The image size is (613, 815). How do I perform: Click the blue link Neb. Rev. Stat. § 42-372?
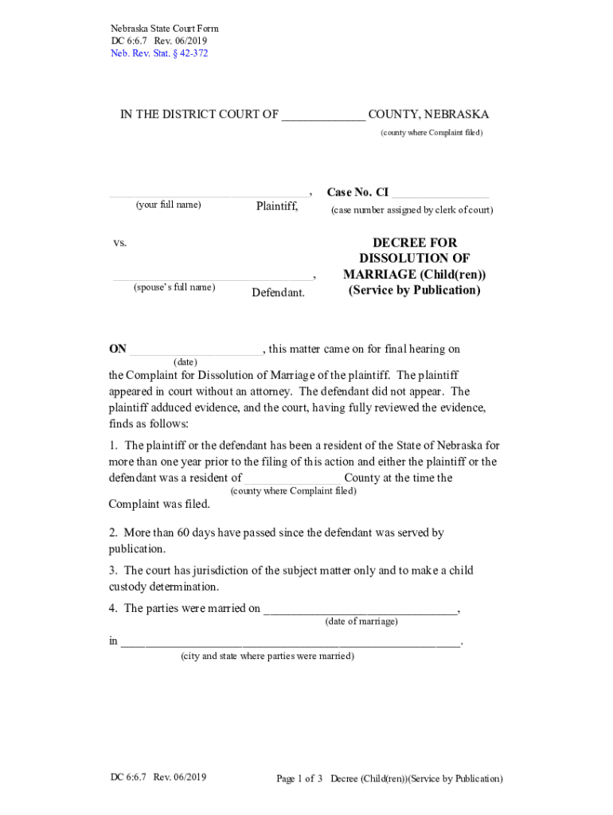click(x=159, y=53)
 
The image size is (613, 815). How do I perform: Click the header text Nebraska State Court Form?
click(x=164, y=29)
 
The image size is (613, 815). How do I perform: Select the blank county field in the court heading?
click(x=323, y=115)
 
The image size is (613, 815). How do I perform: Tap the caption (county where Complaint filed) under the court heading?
click(x=431, y=132)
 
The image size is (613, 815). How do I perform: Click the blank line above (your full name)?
click(x=209, y=194)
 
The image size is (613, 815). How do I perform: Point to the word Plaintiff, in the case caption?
click(x=276, y=207)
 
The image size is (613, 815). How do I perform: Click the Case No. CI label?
click(x=357, y=193)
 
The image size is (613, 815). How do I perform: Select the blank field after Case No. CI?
click(x=440, y=194)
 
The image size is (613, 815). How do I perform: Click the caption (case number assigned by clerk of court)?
click(x=412, y=210)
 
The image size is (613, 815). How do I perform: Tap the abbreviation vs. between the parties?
click(x=119, y=243)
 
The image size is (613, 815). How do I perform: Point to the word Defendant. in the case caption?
click(x=278, y=293)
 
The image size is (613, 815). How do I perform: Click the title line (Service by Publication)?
click(x=414, y=291)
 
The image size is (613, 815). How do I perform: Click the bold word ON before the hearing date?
click(x=118, y=349)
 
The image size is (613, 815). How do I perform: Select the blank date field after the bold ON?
click(x=195, y=350)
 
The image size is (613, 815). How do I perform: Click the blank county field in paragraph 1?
click(x=292, y=479)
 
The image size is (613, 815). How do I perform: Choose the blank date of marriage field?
click(x=361, y=610)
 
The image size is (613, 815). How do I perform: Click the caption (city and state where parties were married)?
click(x=267, y=657)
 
